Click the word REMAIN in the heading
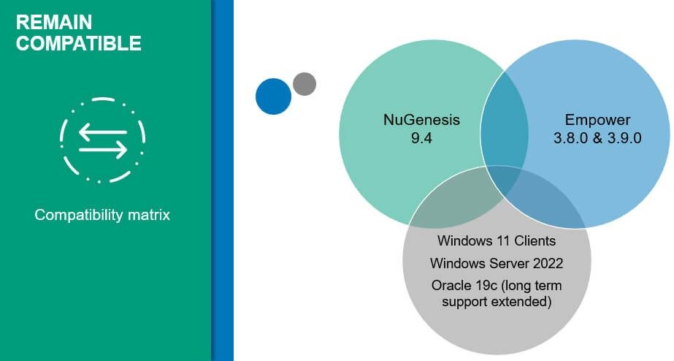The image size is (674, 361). click(x=54, y=22)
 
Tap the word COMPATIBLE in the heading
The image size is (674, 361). click(x=79, y=43)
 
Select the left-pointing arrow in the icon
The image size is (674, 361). click(x=103, y=132)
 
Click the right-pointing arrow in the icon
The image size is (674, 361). click(x=103, y=150)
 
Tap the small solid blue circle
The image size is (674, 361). click(x=273, y=96)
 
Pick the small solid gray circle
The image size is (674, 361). click(x=305, y=84)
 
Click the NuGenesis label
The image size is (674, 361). click(x=421, y=120)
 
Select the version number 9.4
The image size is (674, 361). click(x=421, y=138)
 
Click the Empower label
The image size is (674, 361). click(x=597, y=120)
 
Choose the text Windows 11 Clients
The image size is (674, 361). click(x=497, y=240)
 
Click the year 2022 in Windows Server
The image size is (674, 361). click(x=548, y=263)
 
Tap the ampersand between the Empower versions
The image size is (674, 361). click(x=597, y=138)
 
